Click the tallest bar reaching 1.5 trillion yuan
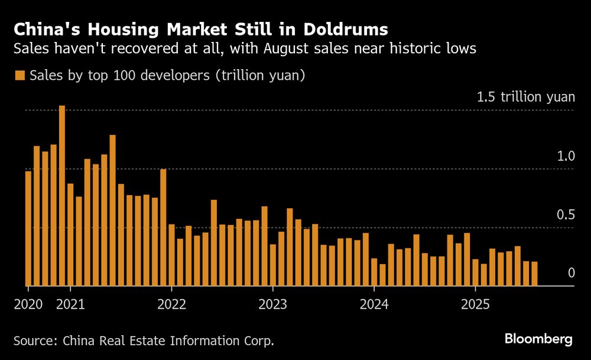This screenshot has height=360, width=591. tap(62, 195)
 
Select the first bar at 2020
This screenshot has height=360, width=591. tap(28, 228)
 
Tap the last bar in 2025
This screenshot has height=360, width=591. tap(534, 274)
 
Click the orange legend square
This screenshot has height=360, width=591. tap(20, 76)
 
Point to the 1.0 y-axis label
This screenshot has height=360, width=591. tap(566, 157)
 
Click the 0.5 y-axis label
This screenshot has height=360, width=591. tap(566, 215)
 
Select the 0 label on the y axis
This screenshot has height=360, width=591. tap(571, 273)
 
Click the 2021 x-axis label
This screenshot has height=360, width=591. tap(70, 304)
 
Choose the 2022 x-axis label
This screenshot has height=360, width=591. tap(171, 304)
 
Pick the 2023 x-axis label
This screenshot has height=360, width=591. tap(272, 304)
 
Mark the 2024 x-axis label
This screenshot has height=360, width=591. tap(374, 304)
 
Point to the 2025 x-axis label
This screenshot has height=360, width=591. tap(475, 304)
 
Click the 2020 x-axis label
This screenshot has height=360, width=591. tap(28, 304)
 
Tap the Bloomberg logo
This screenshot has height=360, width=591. tap(538, 339)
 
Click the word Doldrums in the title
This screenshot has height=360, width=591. tap(346, 29)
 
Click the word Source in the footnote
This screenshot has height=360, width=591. tap(35, 340)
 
